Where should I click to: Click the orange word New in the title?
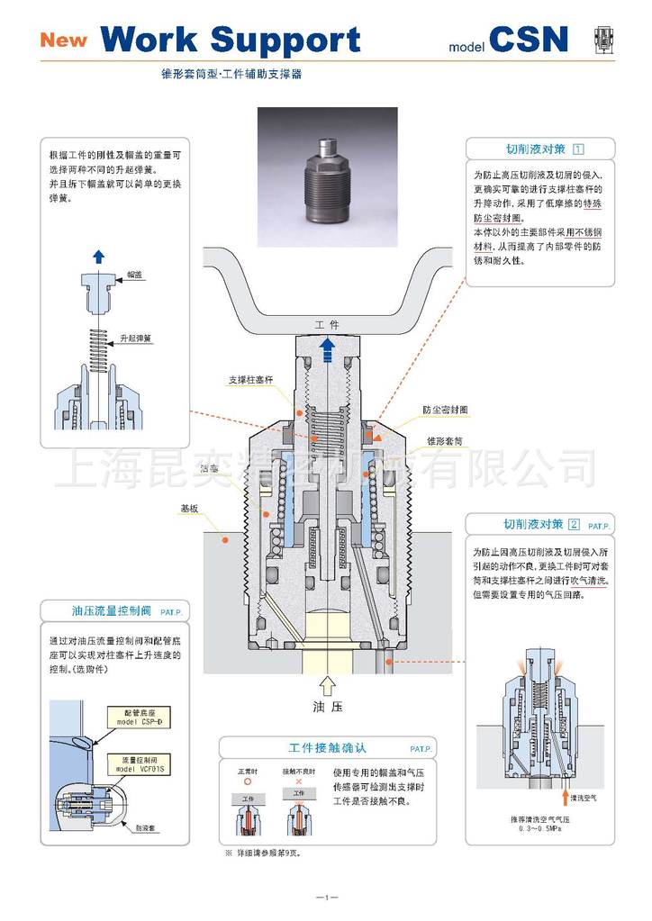tap(62, 40)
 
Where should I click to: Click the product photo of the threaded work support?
tap(327, 176)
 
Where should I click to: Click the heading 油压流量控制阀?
tap(110, 610)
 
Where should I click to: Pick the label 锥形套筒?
tap(444, 443)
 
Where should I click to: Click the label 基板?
tap(189, 509)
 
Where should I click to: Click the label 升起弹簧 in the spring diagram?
tap(137, 339)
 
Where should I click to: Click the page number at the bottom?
tap(326, 897)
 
